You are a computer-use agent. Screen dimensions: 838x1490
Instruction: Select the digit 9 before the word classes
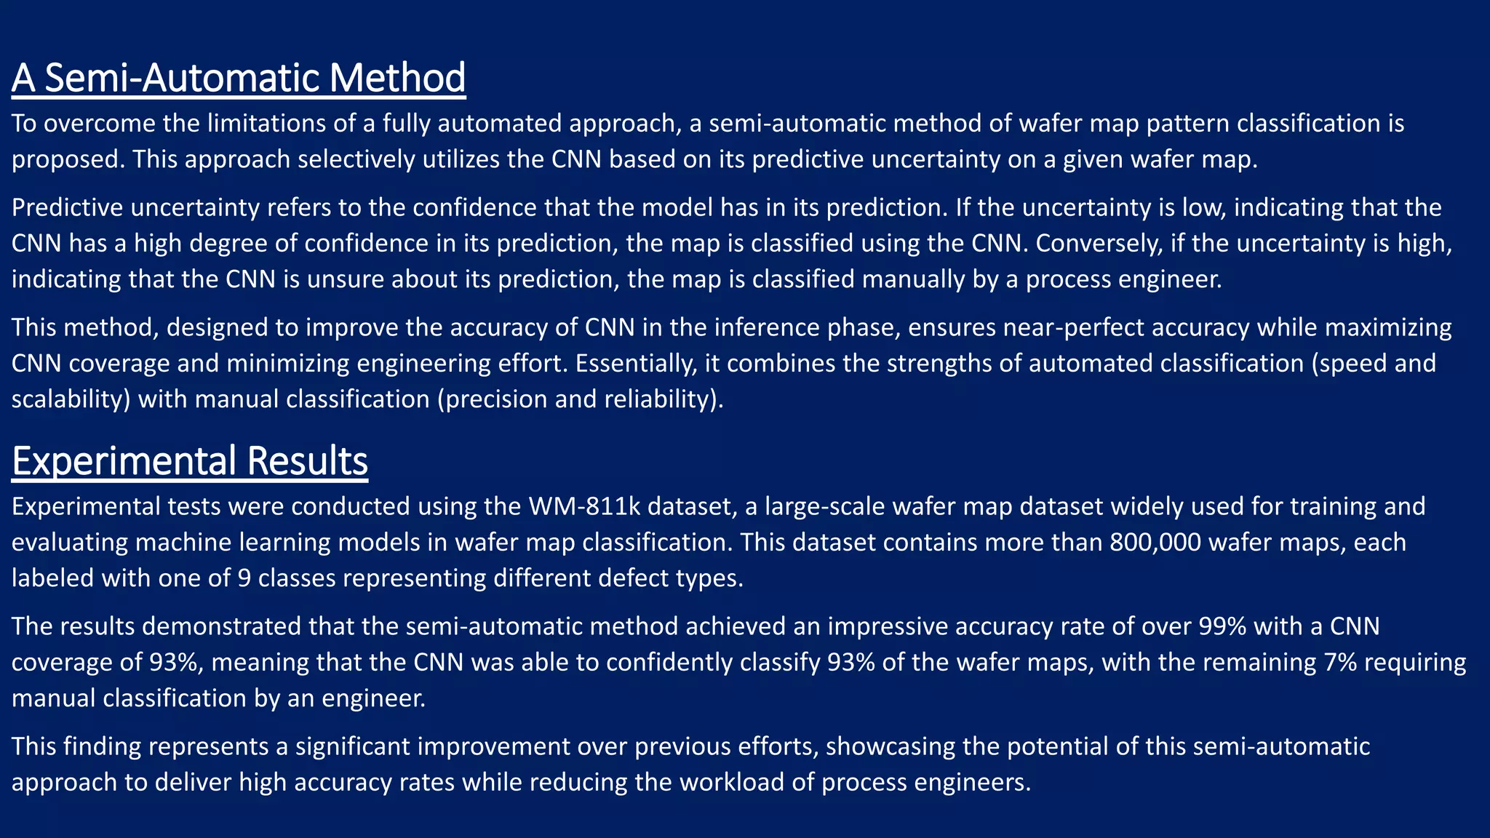pos(244,578)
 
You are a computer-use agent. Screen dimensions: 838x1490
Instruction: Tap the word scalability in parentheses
pos(71,399)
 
